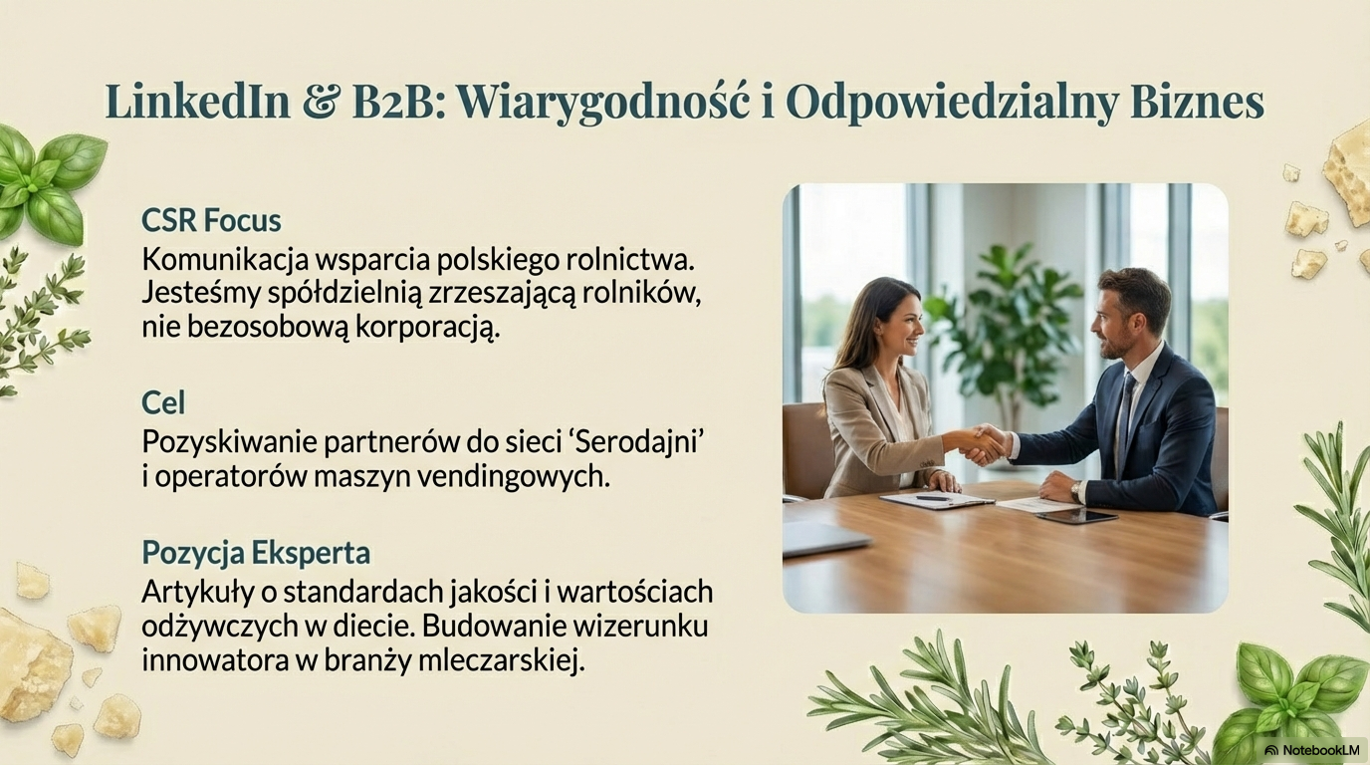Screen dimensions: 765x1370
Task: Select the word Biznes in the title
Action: coord(1198,103)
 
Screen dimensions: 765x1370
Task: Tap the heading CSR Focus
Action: coord(211,220)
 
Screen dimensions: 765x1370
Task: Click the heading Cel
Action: coord(163,403)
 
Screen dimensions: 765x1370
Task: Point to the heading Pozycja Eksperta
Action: coord(256,552)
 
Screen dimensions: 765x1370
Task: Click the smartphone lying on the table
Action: coord(1076,515)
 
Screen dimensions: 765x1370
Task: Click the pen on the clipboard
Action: coord(934,498)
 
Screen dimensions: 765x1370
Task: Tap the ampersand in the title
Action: coord(321,103)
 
